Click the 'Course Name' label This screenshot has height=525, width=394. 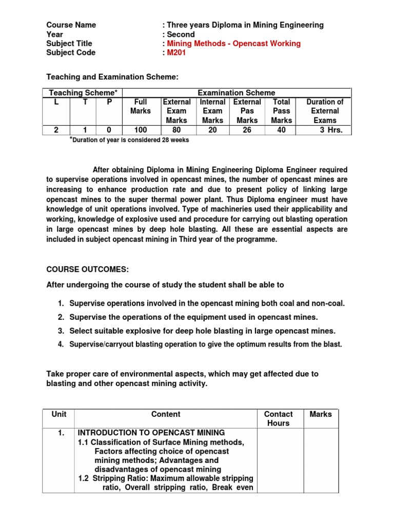[71, 25]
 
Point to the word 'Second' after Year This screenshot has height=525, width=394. [181, 34]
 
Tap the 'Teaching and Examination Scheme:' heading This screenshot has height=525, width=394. [113, 76]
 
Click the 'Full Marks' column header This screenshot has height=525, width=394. [140, 106]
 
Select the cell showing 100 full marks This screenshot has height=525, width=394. [140, 130]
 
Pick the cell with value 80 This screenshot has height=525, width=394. [177, 130]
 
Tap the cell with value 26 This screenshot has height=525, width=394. [247, 130]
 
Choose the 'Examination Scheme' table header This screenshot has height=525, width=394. [236, 93]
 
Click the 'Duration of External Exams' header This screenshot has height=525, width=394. [325, 111]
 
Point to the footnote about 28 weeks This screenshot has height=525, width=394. [129, 140]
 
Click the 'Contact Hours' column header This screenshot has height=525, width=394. [278, 418]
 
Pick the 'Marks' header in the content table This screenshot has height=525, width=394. [321, 414]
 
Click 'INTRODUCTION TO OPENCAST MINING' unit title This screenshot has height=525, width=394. [151, 433]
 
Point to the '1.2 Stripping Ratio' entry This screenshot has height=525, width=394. [165, 478]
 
